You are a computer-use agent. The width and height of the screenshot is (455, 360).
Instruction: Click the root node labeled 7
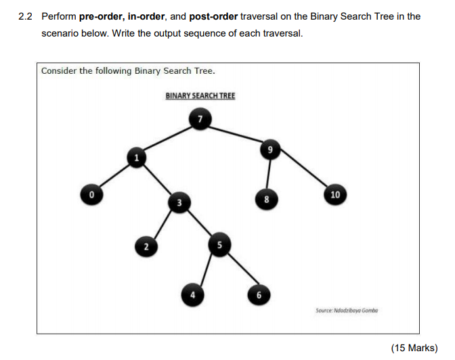[200, 119]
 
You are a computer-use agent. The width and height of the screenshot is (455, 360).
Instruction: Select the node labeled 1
[137, 158]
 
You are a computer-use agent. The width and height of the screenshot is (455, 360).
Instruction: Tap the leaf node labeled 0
[91, 194]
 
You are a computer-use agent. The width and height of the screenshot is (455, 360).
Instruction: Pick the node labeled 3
[179, 202]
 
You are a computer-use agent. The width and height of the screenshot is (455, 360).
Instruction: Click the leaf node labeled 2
[146, 246]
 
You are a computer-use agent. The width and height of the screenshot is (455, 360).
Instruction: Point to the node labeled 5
[219, 244]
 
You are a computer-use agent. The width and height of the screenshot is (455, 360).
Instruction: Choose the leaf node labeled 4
[192, 295]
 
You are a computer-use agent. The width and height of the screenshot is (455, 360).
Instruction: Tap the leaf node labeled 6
[259, 295]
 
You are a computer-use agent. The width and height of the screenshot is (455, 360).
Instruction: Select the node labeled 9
[270, 150]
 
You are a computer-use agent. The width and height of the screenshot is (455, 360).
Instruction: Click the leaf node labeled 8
[266, 199]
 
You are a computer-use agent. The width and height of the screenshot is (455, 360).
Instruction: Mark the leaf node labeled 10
[335, 194]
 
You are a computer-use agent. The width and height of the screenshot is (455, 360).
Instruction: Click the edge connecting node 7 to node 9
[236, 134]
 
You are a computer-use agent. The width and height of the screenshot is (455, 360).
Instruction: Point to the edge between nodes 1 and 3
[158, 179]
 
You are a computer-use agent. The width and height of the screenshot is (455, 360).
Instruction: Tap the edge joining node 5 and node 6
[242, 269]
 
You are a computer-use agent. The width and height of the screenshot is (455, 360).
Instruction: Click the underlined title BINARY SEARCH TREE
[200, 95]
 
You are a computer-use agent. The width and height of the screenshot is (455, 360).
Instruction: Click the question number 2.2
[25, 16]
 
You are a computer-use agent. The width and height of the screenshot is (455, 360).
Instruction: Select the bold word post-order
[213, 16]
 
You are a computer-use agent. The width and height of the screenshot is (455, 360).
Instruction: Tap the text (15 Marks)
[414, 348]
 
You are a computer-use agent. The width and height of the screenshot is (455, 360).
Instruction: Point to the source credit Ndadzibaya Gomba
[355, 311]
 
